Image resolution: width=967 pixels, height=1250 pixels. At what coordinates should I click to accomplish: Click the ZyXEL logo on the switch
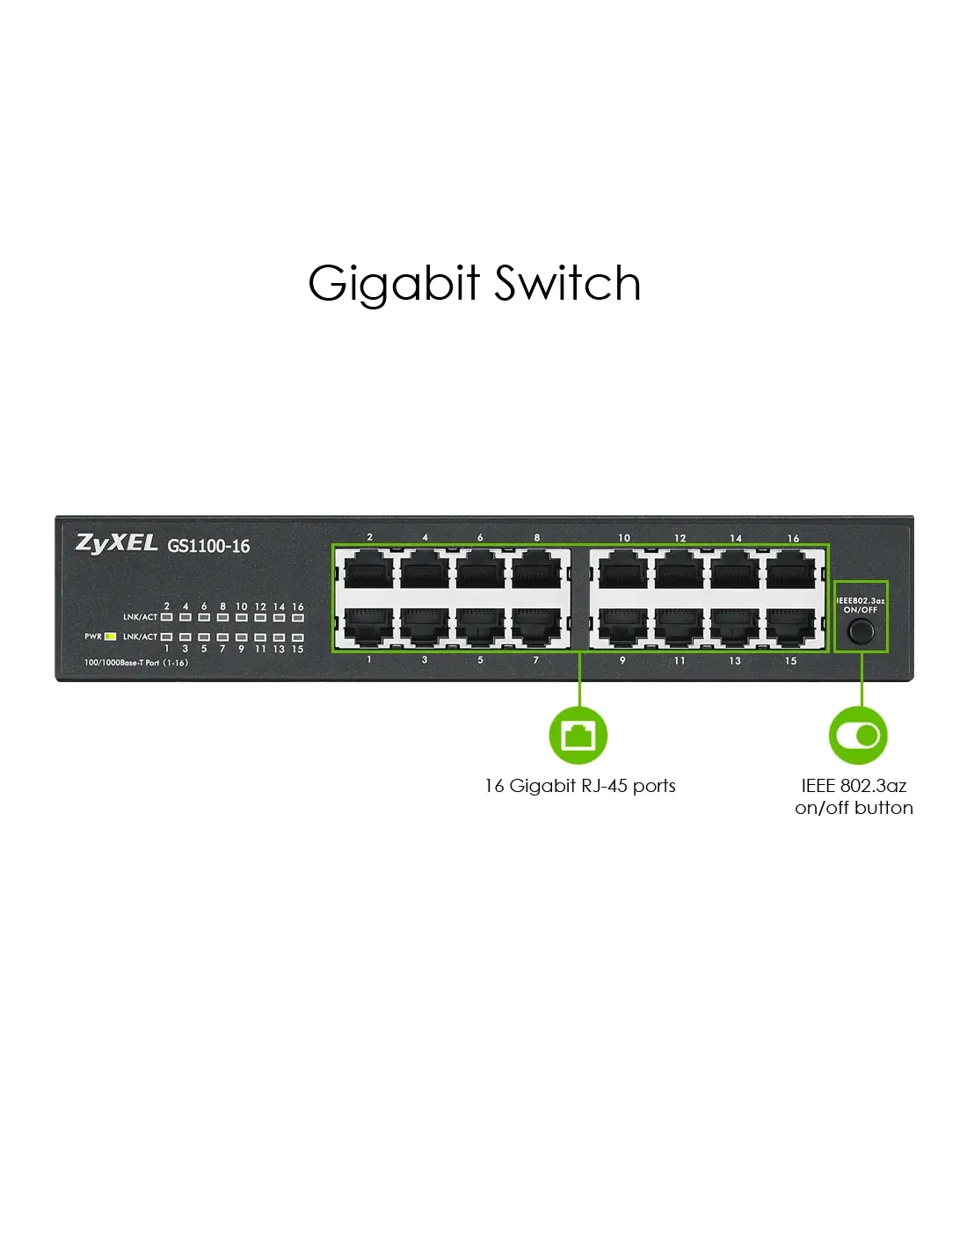(x=116, y=543)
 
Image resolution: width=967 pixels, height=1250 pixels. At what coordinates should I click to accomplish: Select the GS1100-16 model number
(x=208, y=545)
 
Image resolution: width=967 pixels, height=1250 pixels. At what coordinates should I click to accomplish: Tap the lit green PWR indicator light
(x=111, y=636)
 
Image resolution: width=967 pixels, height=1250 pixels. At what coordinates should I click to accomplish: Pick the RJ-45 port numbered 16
(x=790, y=570)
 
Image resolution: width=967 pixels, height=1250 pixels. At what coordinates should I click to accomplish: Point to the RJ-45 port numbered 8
(x=536, y=570)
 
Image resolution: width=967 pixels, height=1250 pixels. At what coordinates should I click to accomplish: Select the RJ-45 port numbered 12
(x=679, y=570)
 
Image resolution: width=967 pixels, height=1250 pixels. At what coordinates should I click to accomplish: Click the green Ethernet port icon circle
(x=578, y=735)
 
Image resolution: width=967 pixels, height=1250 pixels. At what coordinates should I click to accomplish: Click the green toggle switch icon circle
(x=858, y=735)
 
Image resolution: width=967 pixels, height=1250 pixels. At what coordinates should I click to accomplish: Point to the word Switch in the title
(x=567, y=283)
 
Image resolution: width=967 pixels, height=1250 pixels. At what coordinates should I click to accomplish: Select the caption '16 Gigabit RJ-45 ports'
(x=580, y=786)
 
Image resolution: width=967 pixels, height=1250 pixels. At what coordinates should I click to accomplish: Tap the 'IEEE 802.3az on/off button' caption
(x=854, y=796)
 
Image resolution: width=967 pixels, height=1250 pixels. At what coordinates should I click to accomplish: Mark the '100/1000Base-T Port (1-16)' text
(x=135, y=663)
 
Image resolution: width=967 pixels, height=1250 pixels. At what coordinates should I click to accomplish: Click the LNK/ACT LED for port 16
(x=297, y=617)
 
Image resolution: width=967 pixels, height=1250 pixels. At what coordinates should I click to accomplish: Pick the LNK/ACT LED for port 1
(x=166, y=636)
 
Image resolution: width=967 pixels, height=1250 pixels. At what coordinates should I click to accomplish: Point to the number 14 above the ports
(x=736, y=538)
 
